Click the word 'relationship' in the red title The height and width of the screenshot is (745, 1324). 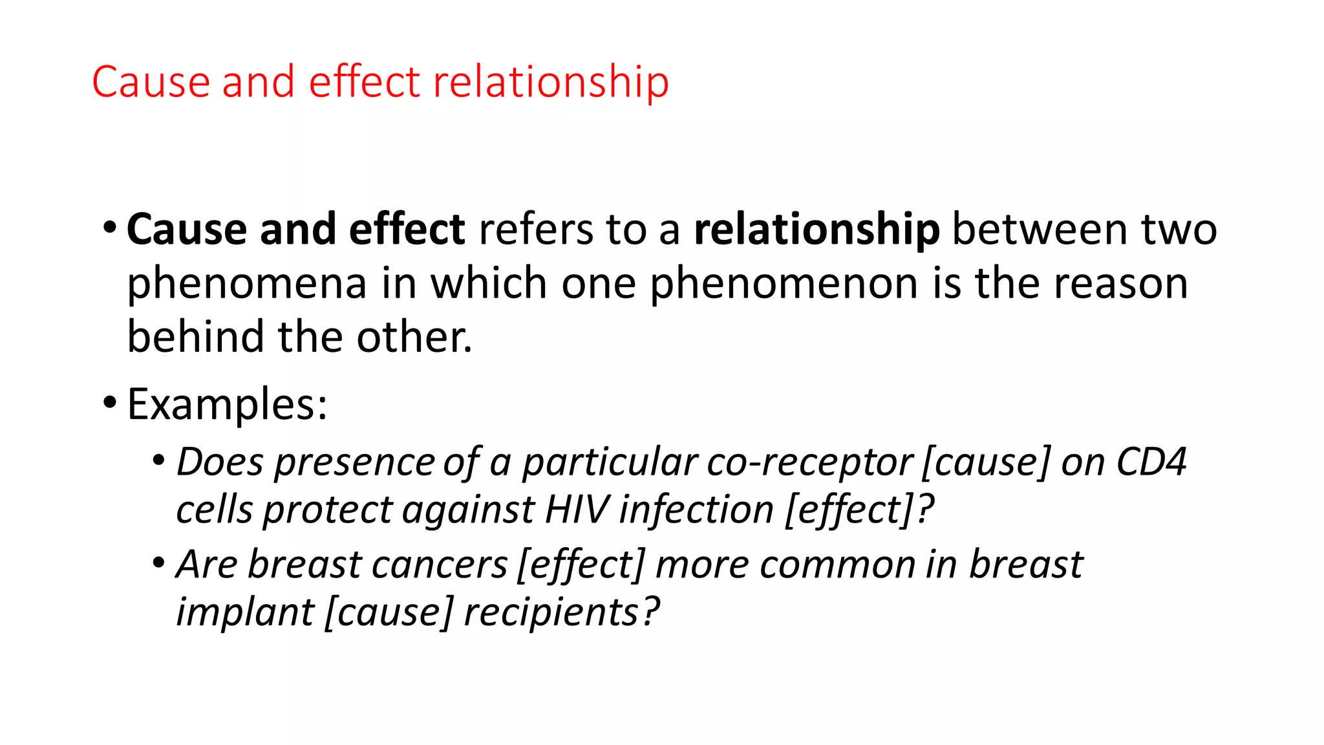(x=551, y=82)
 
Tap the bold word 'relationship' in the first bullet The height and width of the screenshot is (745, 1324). (x=817, y=230)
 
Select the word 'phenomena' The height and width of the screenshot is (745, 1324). (x=247, y=284)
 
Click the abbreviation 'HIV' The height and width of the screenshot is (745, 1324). (x=576, y=510)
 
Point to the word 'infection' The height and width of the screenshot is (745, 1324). (x=696, y=510)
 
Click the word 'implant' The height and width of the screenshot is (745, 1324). (x=245, y=612)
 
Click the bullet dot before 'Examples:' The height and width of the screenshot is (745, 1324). (x=110, y=403)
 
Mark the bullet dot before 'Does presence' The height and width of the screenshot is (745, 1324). (x=159, y=461)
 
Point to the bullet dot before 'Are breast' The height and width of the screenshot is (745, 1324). (x=159, y=563)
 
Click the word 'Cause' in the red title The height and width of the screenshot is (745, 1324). (x=151, y=82)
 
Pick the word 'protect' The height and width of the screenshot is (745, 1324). (x=328, y=510)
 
